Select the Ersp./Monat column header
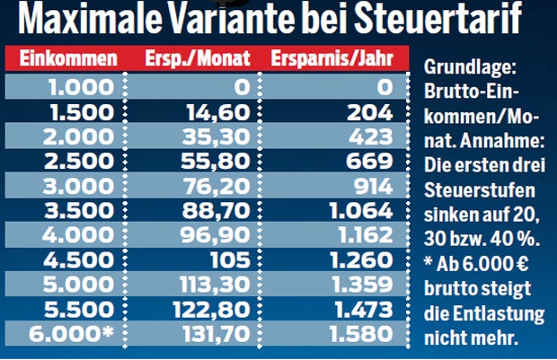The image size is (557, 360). tap(190, 60)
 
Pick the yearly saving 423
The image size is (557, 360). tap(375, 138)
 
